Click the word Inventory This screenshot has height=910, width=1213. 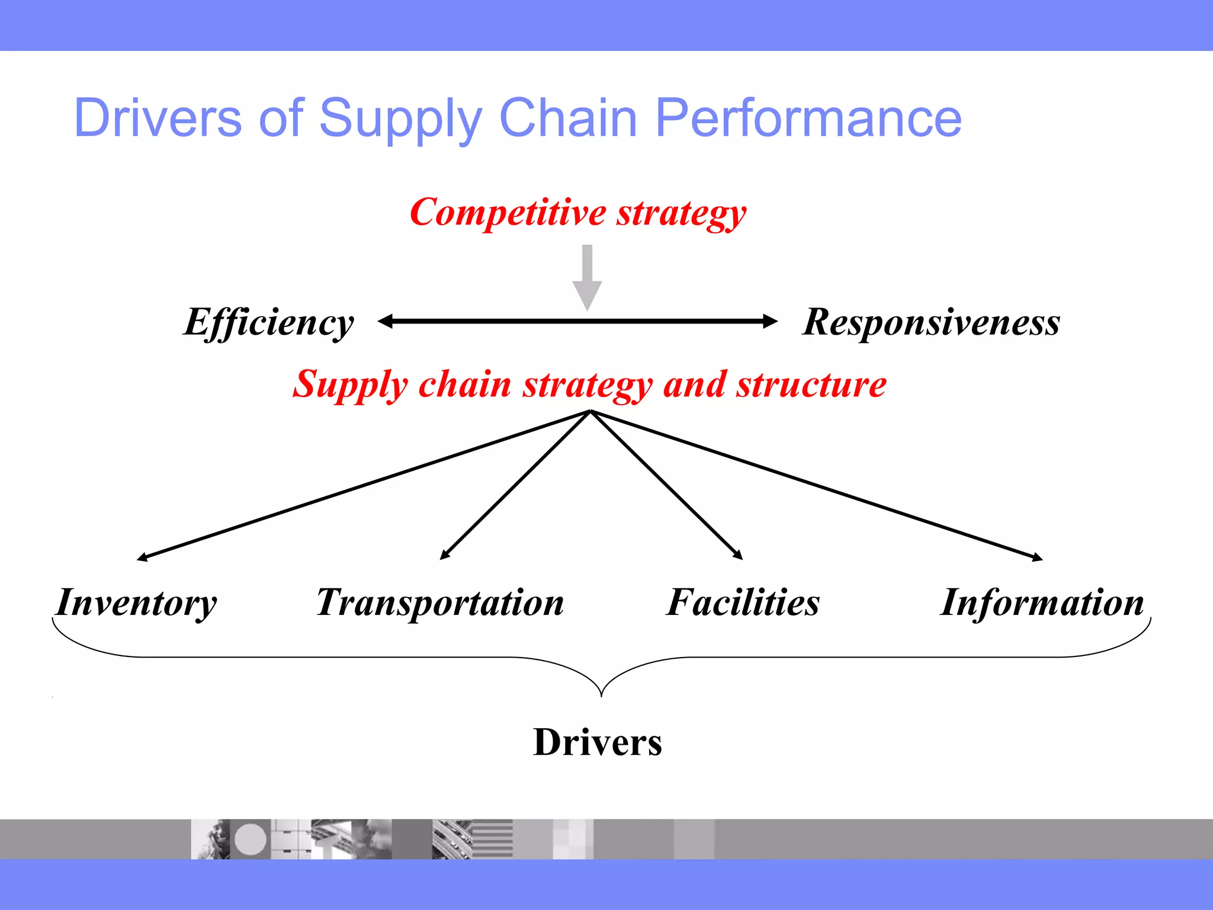(x=137, y=603)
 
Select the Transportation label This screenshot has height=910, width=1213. (x=440, y=603)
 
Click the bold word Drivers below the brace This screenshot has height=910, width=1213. (x=597, y=742)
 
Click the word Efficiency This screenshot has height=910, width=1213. (x=269, y=323)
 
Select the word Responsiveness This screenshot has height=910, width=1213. (x=931, y=323)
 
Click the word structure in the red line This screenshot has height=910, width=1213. (x=811, y=384)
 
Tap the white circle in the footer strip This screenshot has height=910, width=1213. (x=250, y=839)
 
